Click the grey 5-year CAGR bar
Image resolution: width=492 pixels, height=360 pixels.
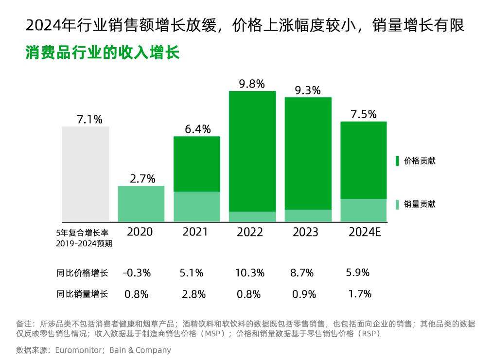click(86, 174)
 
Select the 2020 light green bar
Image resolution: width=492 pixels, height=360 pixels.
click(141, 204)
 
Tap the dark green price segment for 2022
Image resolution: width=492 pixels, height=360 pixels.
click(252, 151)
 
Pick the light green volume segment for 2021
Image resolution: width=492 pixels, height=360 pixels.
click(197, 207)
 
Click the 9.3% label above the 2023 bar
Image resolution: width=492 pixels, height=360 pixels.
click(308, 90)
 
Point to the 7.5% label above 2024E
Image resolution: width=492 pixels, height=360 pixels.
click(364, 114)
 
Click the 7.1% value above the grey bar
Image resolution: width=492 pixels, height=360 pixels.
click(89, 120)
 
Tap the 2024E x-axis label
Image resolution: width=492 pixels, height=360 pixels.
click(364, 232)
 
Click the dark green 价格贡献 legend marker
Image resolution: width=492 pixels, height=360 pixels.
click(397, 161)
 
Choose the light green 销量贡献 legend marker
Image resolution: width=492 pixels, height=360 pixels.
click(397, 204)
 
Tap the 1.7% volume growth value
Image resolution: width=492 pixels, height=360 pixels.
click(360, 294)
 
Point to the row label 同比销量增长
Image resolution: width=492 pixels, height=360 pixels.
click(82, 294)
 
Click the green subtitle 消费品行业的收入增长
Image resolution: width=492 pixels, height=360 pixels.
click(103, 53)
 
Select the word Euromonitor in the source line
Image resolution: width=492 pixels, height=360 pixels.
click(77, 350)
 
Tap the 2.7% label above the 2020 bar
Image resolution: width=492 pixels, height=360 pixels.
click(142, 179)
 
